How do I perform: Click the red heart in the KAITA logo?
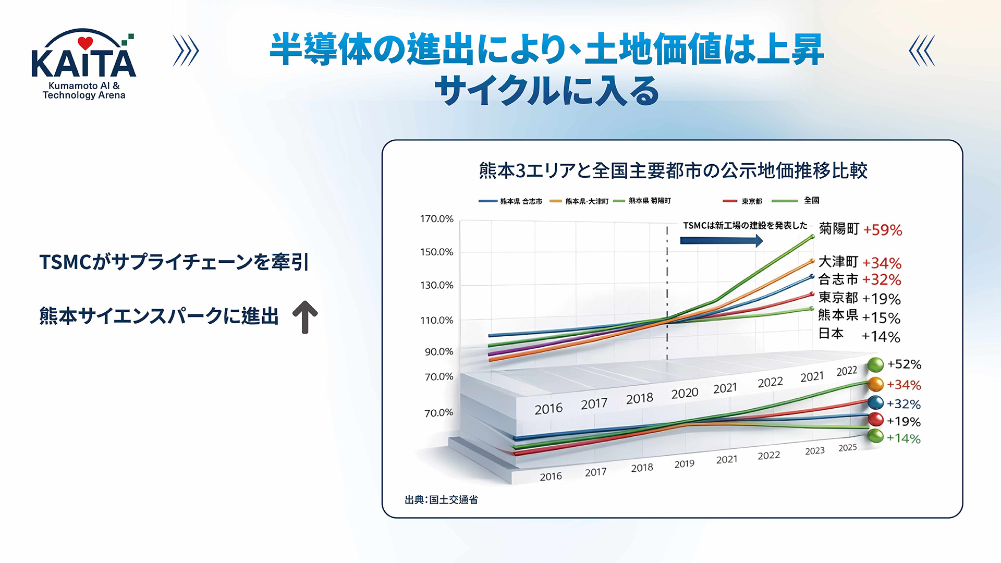click(x=85, y=43)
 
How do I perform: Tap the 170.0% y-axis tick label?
click(x=437, y=219)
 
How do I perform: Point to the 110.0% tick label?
click(x=437, y=320)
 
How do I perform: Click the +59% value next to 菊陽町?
click(x=882, y=230)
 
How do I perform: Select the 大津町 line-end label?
click(x=838, y=261)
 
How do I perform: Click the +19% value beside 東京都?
click(x=881, y=299)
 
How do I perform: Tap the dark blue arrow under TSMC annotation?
click(x=722, y=240)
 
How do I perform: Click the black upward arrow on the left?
click(x=305, y=317)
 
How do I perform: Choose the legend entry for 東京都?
click(x=742, y=201)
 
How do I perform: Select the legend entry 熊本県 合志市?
click(x=510, y=201)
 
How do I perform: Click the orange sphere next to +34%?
click(x=875, y=385)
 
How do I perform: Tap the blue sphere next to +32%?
click(x=876, y=403)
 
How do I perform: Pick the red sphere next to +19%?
click(x=876, y=420)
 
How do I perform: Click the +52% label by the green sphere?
click(x=904, y=364)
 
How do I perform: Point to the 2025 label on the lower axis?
click(x=848, y=448)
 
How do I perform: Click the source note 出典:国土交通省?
click(x=441, y=500)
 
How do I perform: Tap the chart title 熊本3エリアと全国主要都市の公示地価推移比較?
click(x=673, y=170)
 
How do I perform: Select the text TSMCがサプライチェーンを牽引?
click(x=174, y=262)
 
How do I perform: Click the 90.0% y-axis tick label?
click(x=439, y=352)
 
